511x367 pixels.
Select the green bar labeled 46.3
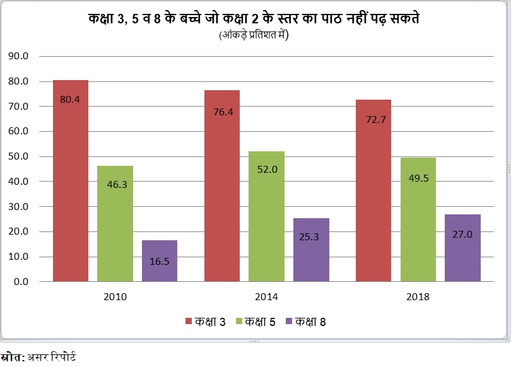tap(115, 223)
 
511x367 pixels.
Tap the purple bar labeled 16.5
tap(159, 260)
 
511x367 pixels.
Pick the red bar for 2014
tap(222, 185)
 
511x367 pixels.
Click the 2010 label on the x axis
tap(115, 296)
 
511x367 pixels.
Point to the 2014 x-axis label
tap(266, 296)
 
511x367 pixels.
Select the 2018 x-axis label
tap(418, 296)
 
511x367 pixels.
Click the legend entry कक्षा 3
tap(206, 322)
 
